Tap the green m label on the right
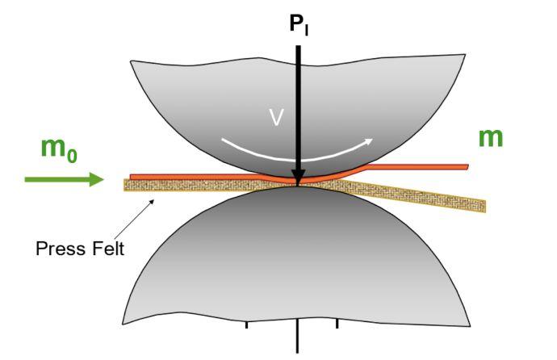coord(490,137)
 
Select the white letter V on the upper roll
coord(276,118)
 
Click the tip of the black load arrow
coord(299,182)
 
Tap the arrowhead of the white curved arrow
coord(370,142)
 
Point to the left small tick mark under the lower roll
coord(246,325)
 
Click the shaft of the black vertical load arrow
coord(299,105)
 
